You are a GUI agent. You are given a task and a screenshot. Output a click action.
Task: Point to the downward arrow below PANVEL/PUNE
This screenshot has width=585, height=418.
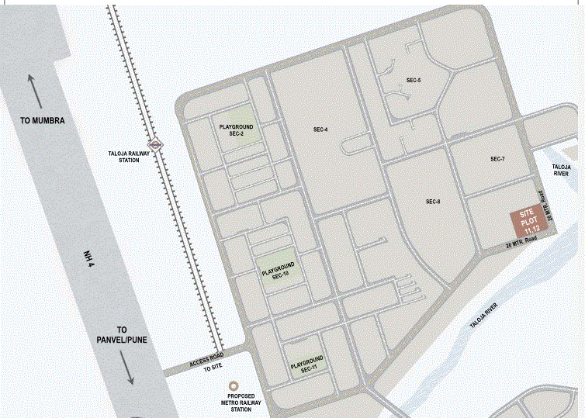(128, 368)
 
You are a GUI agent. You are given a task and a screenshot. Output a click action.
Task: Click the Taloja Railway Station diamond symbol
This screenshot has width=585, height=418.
(156, 143)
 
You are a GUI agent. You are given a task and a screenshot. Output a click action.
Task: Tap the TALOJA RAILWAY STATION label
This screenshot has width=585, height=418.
(129, 157)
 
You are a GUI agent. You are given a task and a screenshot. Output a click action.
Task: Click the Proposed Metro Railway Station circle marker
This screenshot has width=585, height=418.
(233, 385)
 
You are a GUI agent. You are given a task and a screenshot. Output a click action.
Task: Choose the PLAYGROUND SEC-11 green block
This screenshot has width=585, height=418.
(306, 364)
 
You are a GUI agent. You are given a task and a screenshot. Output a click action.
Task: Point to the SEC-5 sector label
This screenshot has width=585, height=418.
(413, 81)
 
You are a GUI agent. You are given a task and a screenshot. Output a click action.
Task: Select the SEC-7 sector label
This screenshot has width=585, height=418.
(497, 159)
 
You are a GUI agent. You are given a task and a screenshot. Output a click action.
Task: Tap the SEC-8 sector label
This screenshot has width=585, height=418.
(434, 202)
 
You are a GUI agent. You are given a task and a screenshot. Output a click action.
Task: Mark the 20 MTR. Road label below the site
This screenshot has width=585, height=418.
(521, 244)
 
